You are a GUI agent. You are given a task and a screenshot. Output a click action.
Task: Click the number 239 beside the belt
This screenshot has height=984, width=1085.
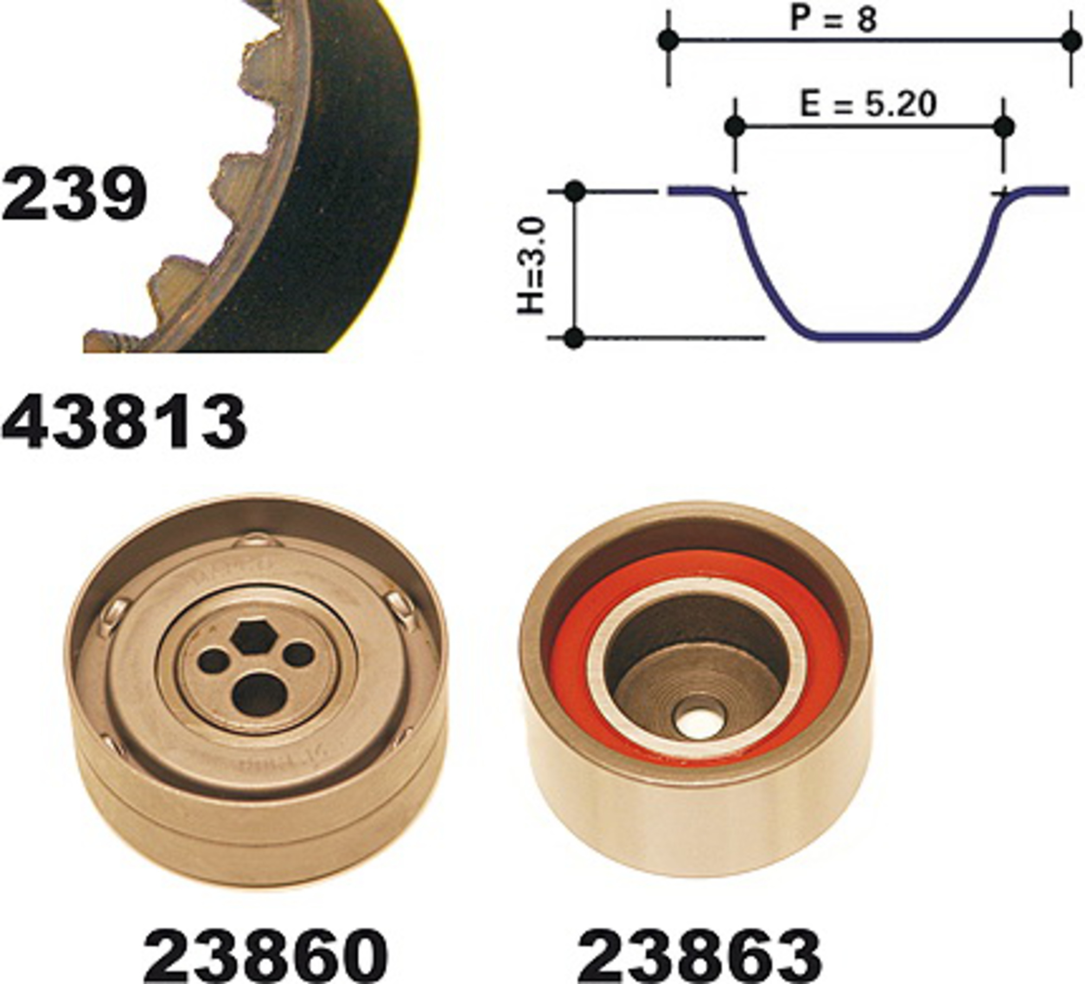(74, 194)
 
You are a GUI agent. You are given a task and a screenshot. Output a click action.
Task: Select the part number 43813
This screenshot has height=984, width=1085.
(124, 422)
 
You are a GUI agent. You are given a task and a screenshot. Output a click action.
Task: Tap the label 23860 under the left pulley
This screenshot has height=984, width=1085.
(265, 954)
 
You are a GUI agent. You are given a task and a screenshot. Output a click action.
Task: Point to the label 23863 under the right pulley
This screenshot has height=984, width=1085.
(699, 954)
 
